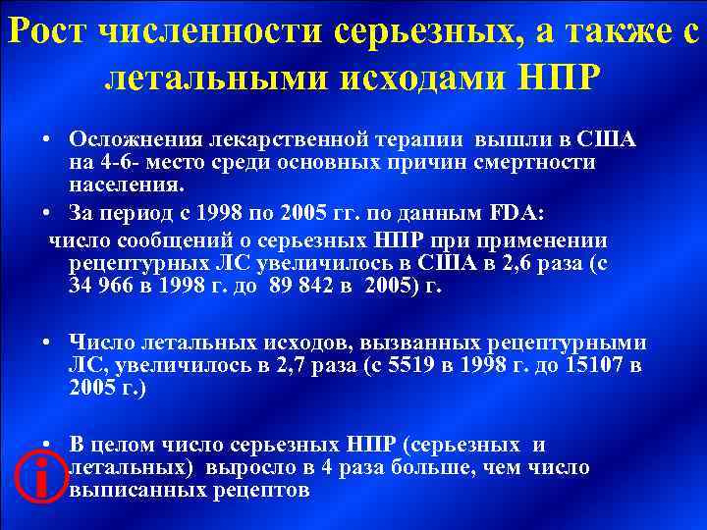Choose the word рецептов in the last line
click(264, 489)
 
